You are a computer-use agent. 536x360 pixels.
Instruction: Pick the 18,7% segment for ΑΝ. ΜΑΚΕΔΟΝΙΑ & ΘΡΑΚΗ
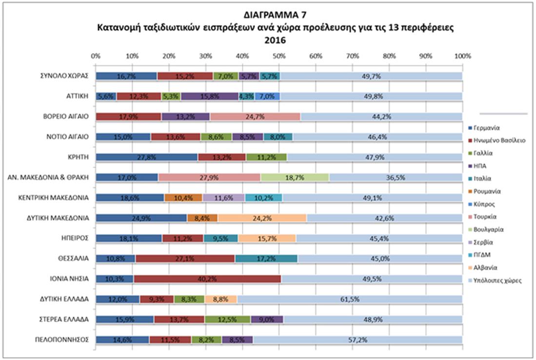tap(295, 178)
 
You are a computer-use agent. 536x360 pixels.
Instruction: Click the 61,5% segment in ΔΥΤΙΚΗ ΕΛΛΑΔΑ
tap(349, 300)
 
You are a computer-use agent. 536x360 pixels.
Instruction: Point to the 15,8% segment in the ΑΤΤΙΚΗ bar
tap(210, 96)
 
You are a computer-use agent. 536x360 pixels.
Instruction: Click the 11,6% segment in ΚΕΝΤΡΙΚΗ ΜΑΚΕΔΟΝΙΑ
tap(223, 198)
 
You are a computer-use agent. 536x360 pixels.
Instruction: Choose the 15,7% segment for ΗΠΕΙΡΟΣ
tap(267, 239)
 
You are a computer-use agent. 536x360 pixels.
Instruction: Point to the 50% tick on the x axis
tap(279, 56)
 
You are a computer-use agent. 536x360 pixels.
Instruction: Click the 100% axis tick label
tap(462, 56)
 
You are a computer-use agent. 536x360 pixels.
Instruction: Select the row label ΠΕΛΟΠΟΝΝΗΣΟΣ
tap(64, 340)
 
